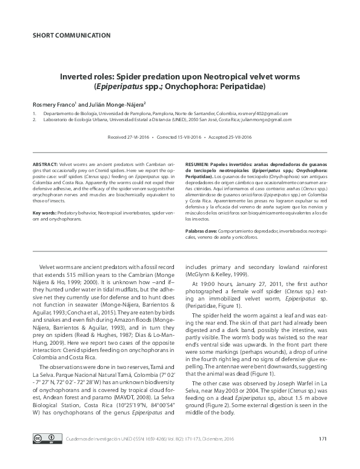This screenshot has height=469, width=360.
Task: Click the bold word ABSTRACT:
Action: coord(45,164)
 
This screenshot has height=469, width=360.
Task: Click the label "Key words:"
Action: coord(45,213)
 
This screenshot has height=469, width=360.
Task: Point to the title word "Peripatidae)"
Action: coord(239,87)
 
